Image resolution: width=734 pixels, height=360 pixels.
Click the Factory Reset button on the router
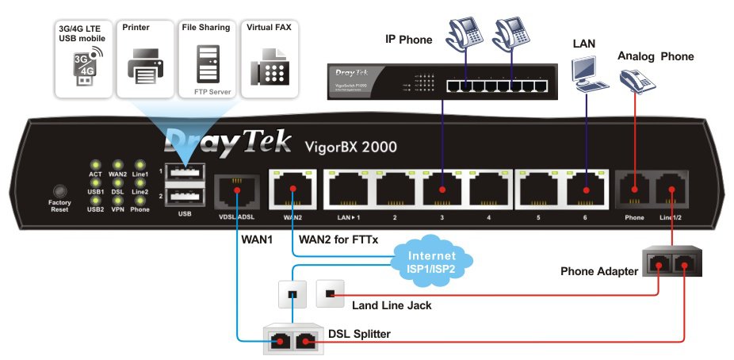(x=59, y=192)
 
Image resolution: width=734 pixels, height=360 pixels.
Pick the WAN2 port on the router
(x=292, y=190)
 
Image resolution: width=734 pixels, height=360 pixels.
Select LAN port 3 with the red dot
(x=443, y=190)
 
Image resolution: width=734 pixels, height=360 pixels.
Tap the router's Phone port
(x=635, y=190)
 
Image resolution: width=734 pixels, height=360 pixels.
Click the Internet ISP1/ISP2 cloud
(x=432, y=261)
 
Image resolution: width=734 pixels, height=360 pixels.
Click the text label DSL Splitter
(x=358, y=335)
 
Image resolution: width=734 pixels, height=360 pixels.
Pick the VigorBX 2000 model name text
(x=350, y=146)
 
